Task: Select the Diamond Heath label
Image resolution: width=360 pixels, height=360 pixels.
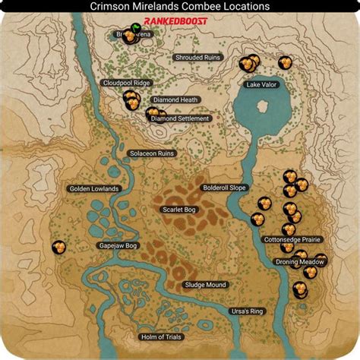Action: pyautogui.click(x=175, y=99)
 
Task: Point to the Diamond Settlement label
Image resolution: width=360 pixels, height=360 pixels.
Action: pyautogui.click(x=180, y=118)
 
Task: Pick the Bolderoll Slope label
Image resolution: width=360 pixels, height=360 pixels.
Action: pyautogui.click(x=224, y=187)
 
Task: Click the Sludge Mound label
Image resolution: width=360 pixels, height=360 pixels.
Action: pyautogui.click(x=205, y=285)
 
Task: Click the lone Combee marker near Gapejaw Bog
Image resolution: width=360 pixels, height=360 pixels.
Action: pyautogui.click(x=58, y=247)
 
